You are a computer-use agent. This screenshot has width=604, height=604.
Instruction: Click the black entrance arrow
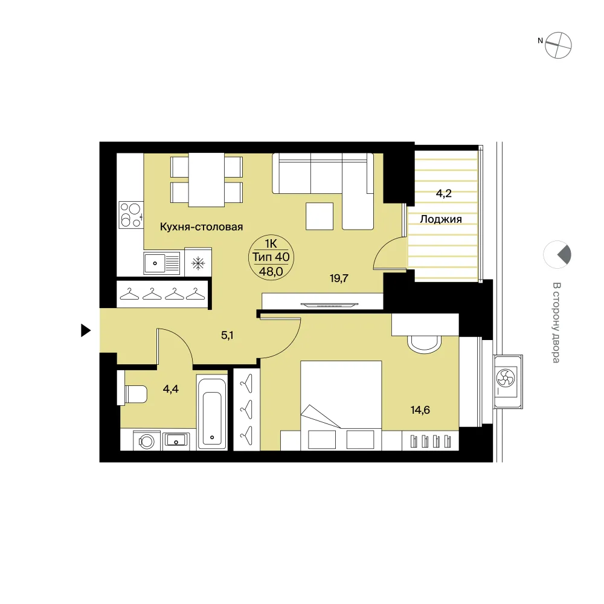click(x=85, y=330)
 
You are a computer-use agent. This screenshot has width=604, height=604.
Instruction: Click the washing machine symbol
click(x=146, y=441)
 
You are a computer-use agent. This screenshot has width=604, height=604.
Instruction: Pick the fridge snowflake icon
click(x=198, y=263)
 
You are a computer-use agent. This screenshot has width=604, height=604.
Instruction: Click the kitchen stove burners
click(x=130, y=215)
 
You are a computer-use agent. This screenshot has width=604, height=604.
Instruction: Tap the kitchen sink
click(x=162, y=263)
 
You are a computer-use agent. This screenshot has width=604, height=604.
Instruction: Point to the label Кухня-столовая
click(x=202, y=227)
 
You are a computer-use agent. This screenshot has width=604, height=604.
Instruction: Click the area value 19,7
click(x=339, y=278)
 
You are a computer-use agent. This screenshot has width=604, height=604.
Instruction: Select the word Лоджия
click(x=441, y=219)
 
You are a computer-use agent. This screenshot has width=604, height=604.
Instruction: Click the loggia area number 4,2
click(x=444, y=193)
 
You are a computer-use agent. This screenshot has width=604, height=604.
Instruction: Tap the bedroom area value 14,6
click(x=420, y=410)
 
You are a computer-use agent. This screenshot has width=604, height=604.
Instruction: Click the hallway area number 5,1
click(x=227, y=335)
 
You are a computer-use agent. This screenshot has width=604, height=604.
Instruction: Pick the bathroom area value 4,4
click(x=171, y=389)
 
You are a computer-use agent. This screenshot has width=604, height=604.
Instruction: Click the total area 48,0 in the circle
click(x=271, y=272)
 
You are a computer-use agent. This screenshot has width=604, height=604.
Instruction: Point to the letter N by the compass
click(x=540, y=40)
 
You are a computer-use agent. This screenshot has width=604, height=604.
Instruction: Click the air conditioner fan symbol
click(x=506, y=377)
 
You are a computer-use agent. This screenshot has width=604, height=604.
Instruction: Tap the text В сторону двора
click(x=556, y=323)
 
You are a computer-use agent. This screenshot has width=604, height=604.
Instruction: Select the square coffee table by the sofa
click(x=320, y=216)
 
